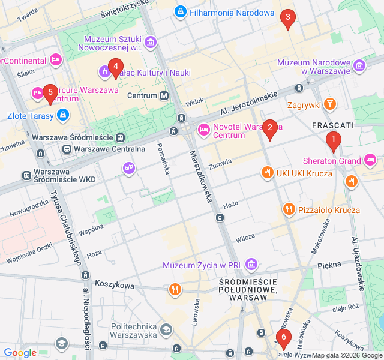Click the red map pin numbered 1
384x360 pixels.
click(333, 141)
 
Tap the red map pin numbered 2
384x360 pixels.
click(270, 128)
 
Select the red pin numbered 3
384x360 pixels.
click(287, 18)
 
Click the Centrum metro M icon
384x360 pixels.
click(164, 96)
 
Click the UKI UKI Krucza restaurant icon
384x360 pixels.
click(268, 173)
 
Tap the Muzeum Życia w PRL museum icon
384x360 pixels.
click(251, 265)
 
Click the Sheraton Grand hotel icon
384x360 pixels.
click(370, 160)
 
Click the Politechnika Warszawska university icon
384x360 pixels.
click(165, 329)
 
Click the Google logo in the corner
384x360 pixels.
click(20, 353)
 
